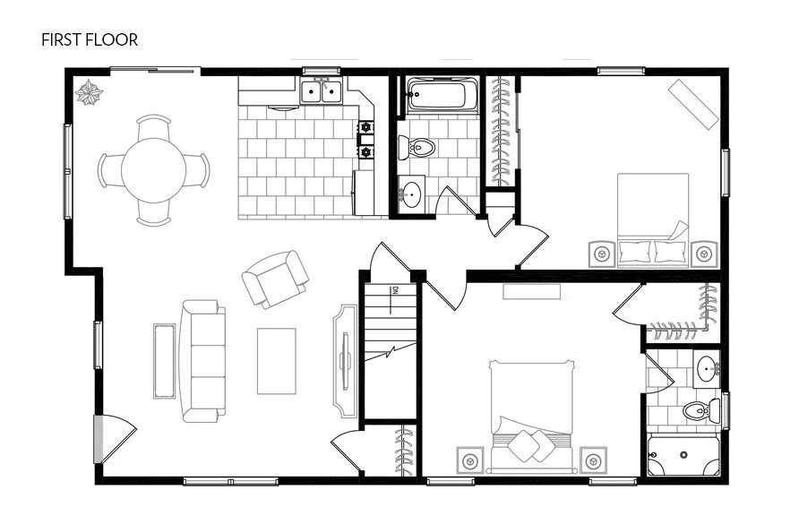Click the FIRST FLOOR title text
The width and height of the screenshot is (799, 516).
(x=89, y=39)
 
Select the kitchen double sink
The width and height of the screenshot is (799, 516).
(x=320, y=91)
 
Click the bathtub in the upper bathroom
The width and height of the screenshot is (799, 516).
(x=435, y=95)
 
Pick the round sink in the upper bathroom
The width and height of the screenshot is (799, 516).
(x=412, y=193)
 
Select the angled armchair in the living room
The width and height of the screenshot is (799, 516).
(x=275, y=278)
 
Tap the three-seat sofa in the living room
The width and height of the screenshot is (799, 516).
(x=201, y=360)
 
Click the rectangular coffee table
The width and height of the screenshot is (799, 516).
(x=276, y=360)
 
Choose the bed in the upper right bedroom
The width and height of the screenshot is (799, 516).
(x=653, y=219)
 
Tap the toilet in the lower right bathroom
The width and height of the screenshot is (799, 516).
(x=695, y=410)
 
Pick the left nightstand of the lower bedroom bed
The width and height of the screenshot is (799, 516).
(x=468, y=460)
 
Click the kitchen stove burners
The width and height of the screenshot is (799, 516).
(x=365, y=140)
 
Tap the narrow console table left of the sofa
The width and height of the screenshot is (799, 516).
(x=164, y=360)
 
